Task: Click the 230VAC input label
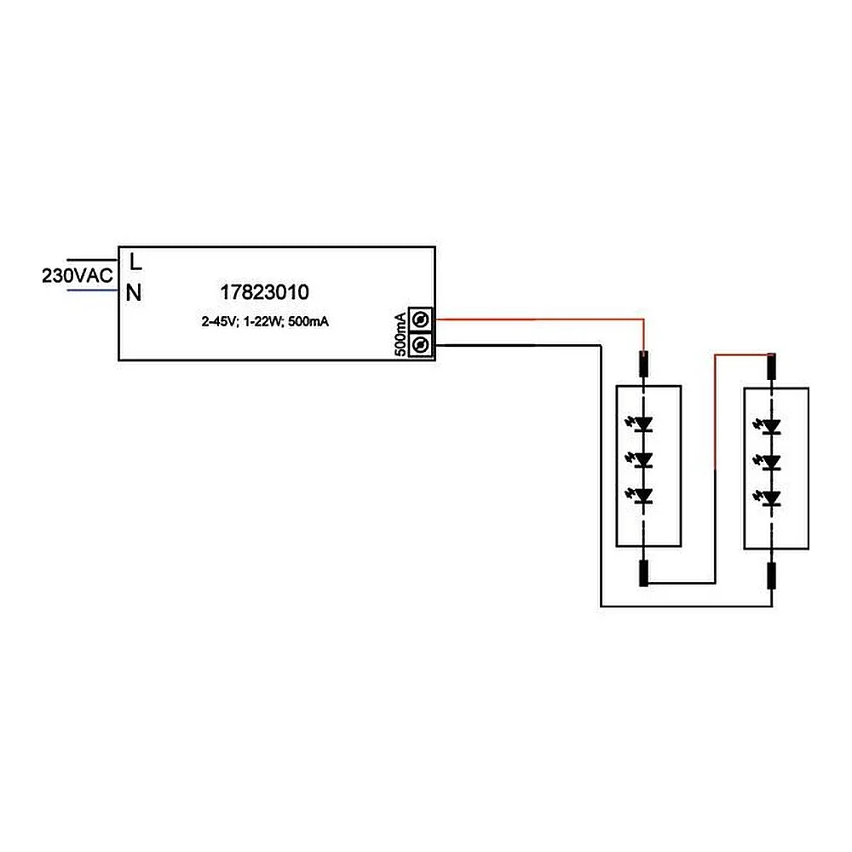tap(78, 275)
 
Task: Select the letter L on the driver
tap(135, 262)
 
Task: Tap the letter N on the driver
tap(134, 293)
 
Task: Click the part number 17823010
tap(265, 292)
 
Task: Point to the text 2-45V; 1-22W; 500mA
tap(265, 322)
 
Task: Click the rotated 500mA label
tap(400, 334)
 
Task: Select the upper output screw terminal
tap(421, 319)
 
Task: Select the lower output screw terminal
tap(421, 344)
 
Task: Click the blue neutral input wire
tap(92, 291)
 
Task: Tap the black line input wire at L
tap(92, 260)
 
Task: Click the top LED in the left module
tap(642, 423)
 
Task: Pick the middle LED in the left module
tap(642, 460)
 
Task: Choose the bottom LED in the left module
tap(642, 496)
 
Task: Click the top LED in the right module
tap(769, 426)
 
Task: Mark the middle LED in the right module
tap(769, 462)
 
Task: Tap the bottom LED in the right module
tap(769, 498)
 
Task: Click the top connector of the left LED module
tap(644, 364)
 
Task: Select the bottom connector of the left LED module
tap(644, 573)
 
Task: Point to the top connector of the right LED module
tap(772, 366)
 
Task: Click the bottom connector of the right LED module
tap(772, 576)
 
